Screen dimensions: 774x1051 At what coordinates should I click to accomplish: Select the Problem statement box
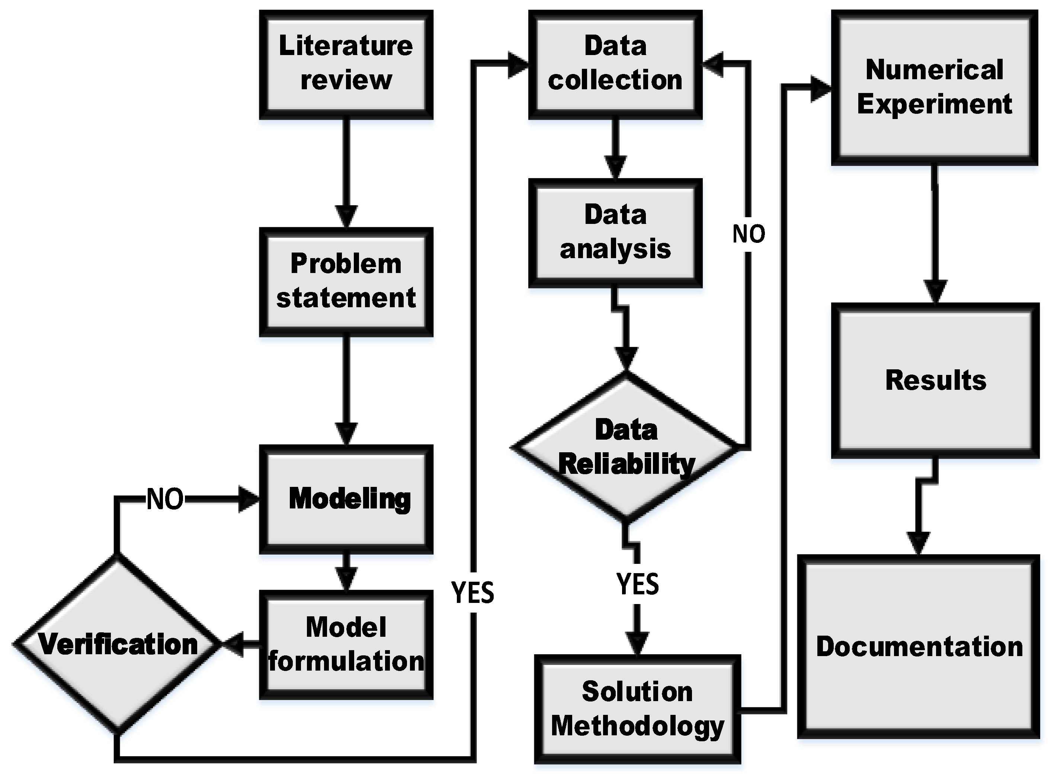(346, 282)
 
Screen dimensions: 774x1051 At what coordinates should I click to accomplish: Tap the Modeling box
(346, 499)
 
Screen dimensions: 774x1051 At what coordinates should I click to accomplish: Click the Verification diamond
(117, 644)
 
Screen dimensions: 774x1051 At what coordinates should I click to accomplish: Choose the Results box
(935, 380)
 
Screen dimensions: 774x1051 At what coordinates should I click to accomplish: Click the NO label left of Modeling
(165, 499)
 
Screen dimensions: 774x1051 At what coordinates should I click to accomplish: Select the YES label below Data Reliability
(637, 584)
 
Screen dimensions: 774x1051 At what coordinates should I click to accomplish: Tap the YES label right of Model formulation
(472, 592)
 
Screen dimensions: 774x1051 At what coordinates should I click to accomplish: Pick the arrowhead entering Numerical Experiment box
(820, 89)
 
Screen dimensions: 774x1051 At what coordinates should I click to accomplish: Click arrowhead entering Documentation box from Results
(919, 543)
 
